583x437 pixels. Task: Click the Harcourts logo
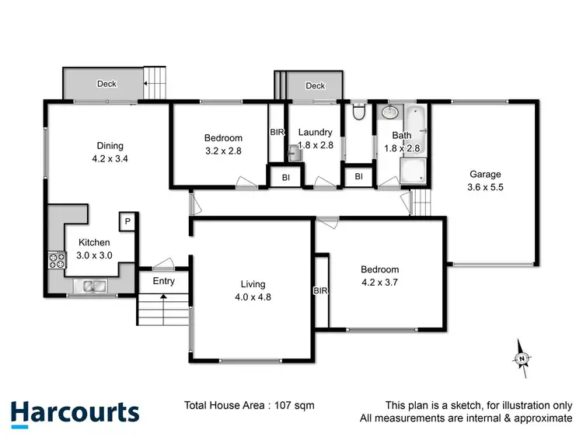click(75, 411)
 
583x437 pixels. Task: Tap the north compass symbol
click(523, 357)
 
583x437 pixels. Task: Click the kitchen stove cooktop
click(56, 260)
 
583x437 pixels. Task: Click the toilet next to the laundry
click(358, 114)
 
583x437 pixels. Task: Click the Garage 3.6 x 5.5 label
click(485, 180)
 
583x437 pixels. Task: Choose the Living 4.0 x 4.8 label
click(253, 290)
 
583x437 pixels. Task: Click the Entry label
click(163, 281)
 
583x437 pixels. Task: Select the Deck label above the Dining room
click(106, 84)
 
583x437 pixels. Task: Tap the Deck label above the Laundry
click(315, 85)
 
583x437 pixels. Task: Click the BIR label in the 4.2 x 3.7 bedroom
click(320, 291)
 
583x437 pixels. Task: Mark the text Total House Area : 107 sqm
click(249, 404)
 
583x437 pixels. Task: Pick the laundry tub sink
click(295, 153)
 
